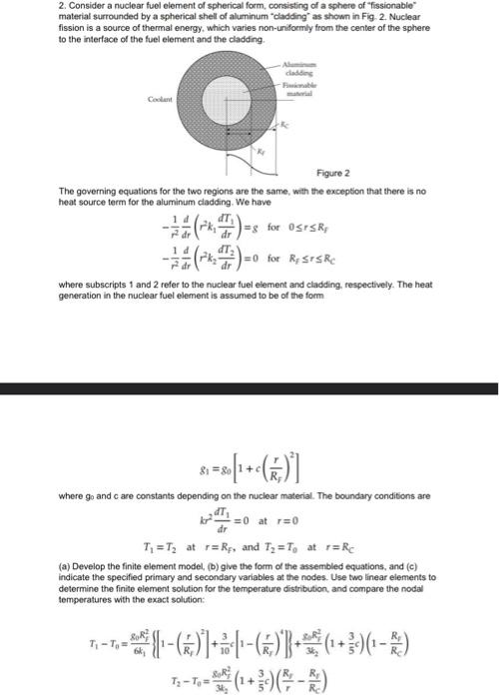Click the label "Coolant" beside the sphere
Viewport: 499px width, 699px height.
(x=132, y=98)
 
